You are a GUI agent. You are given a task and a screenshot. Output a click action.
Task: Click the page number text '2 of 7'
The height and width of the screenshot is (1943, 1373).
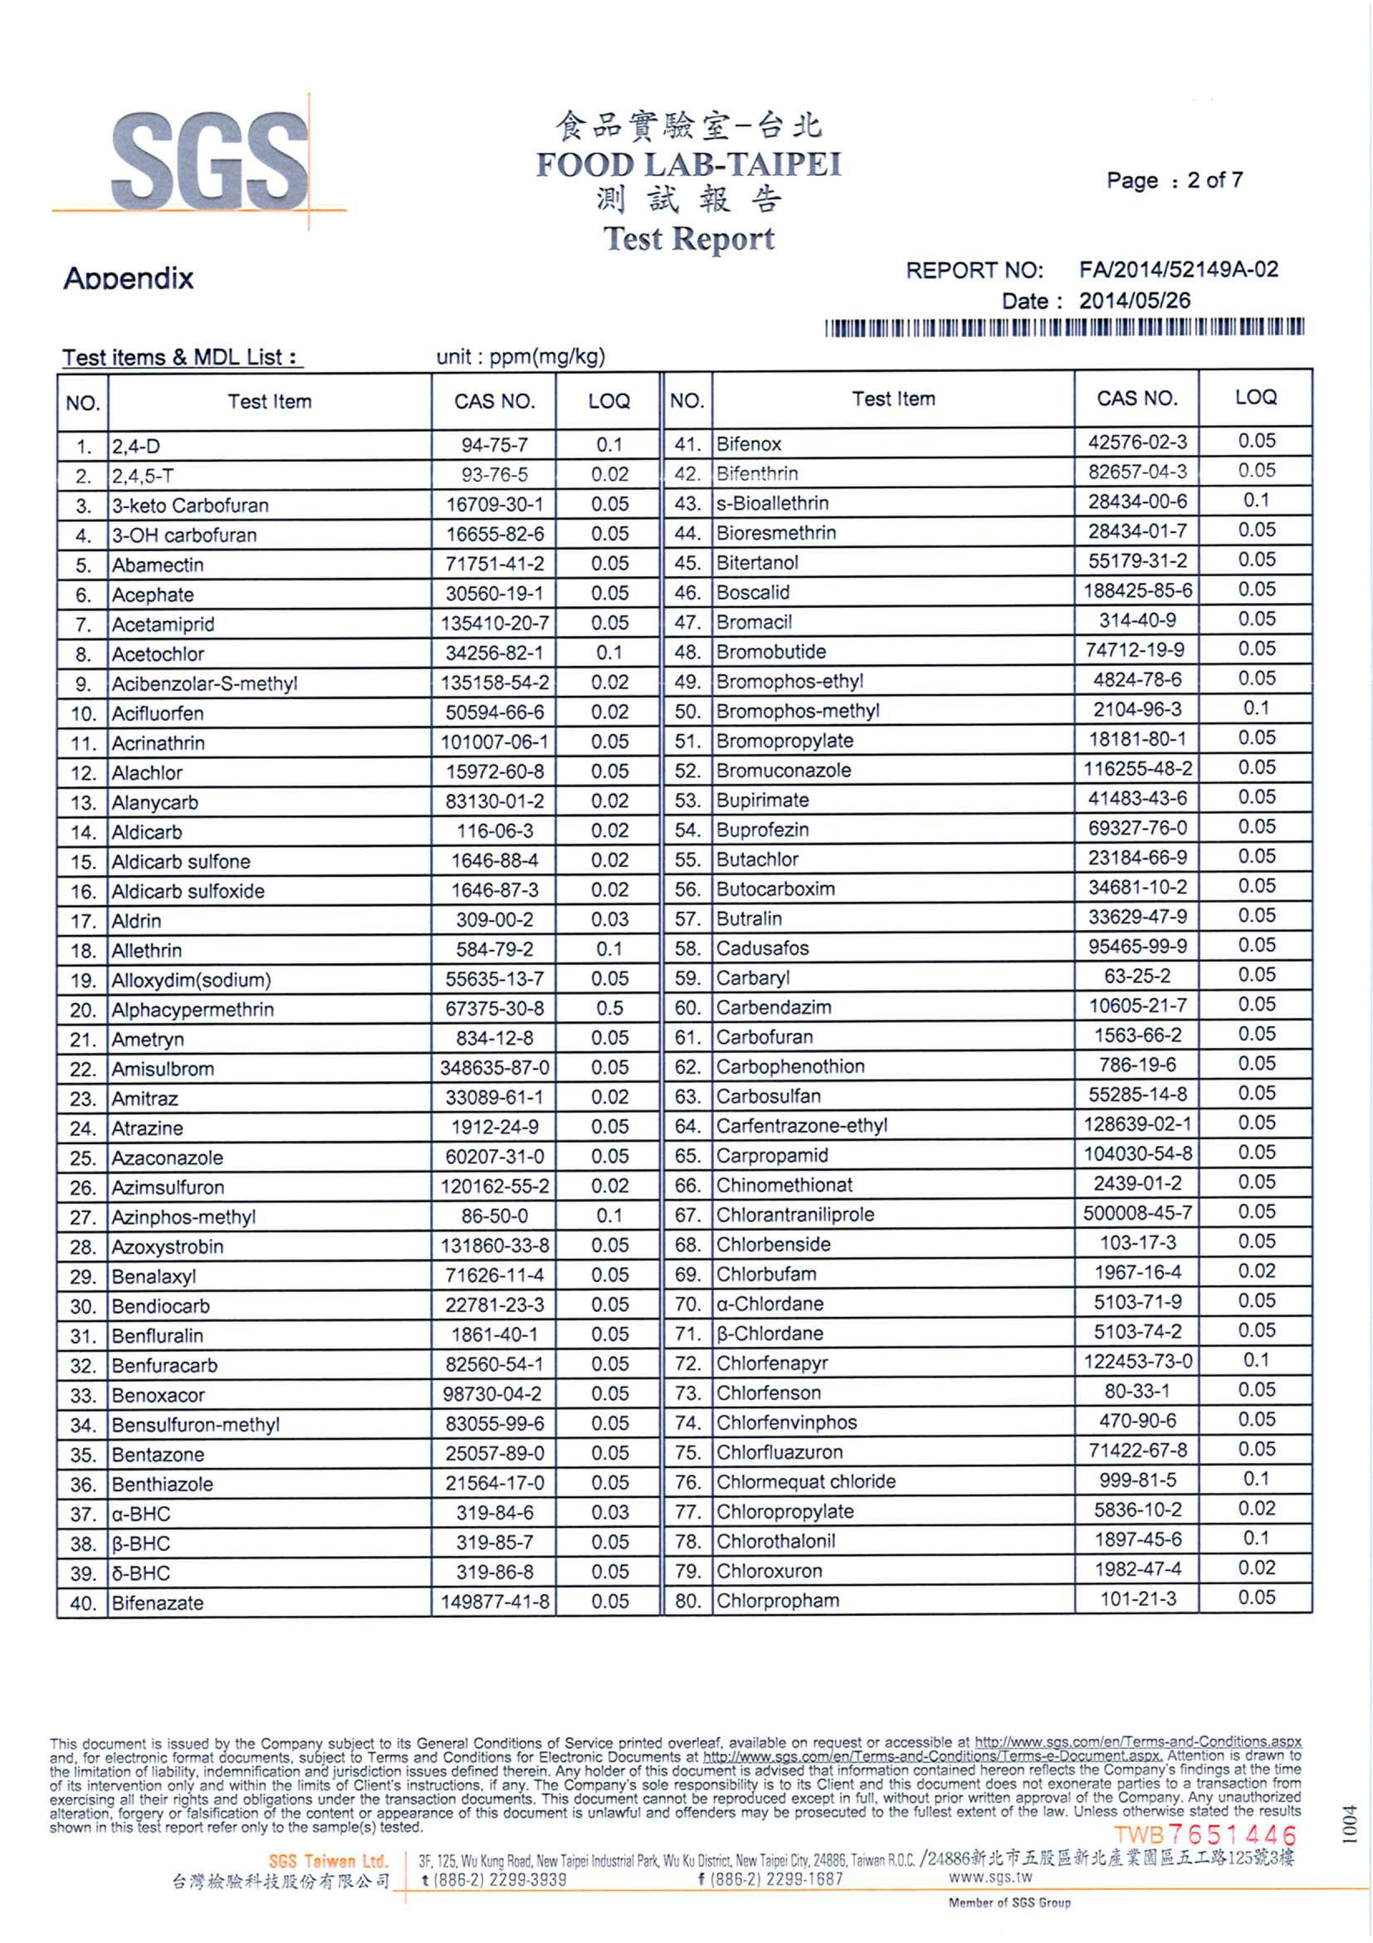(x=1215, y=180)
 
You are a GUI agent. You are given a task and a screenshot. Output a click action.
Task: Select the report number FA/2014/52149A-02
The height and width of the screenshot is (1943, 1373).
(x=1178, y=270)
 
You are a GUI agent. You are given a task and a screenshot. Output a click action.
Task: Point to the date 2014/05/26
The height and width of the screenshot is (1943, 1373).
(x=1134, y=301)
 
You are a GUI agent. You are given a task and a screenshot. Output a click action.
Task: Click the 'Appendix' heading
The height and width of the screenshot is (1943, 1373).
(x=128, y=278)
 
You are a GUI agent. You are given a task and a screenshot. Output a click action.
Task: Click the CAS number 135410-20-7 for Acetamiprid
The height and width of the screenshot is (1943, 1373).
(x=495, y=624)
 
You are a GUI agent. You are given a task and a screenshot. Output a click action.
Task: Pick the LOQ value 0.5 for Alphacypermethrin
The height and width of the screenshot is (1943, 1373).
(x=609, y=1009)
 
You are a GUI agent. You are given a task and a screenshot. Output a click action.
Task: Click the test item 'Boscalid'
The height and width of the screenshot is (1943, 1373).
(x=753, y=592)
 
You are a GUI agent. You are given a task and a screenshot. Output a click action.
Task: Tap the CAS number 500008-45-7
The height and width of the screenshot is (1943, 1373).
(x=1137, y=1213)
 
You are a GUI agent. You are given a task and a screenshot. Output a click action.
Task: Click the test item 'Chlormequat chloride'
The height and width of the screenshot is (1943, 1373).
(x=805, y=1481)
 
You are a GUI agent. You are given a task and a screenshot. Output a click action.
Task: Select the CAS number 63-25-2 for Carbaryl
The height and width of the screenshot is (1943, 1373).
(x=1137, y=976)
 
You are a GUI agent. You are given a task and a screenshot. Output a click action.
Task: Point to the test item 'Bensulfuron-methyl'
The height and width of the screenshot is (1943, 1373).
(x=195, y=1425)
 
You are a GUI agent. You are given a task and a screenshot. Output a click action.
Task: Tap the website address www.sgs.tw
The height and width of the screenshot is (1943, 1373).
(x=991, y=1877)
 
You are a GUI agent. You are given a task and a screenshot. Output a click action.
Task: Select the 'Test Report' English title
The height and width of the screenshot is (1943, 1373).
(x=688, y=240)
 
